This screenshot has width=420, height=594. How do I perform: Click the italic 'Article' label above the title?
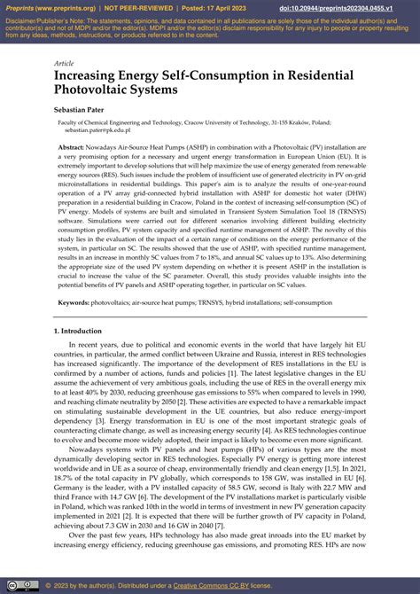pos(64,64)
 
